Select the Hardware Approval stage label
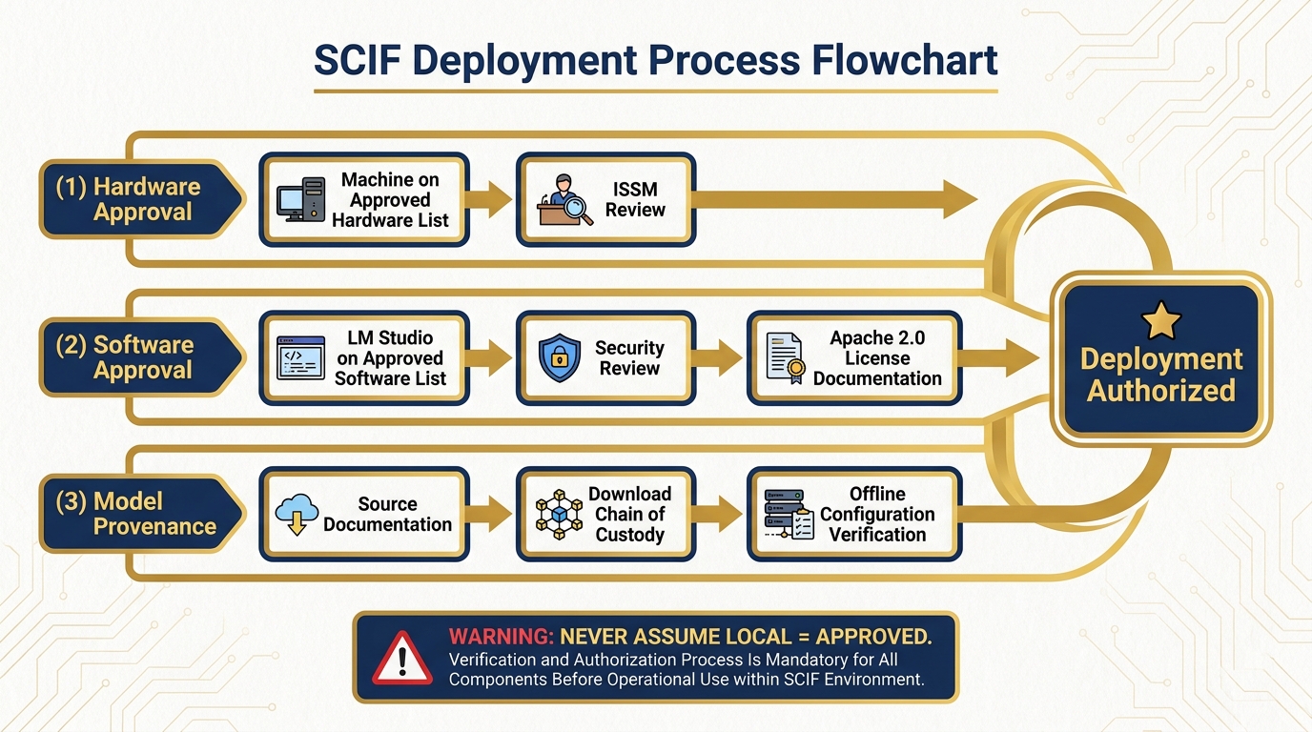pos(141,199)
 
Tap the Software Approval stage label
pos(141,357)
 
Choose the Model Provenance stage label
pos(141,514)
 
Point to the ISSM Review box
pos(605,200)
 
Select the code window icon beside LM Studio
pos(300,358)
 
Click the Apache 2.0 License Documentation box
pos(854,358)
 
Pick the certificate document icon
pos(786,358)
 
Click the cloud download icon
pos(297,514)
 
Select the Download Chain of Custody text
pos(629,514)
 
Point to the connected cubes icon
pos(559,514)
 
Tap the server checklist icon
pos(789,514)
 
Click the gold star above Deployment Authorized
pos(1160,321)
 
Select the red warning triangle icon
pos(401,658)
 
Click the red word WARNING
pos(502,637)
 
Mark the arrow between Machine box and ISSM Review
pos(492,200)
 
